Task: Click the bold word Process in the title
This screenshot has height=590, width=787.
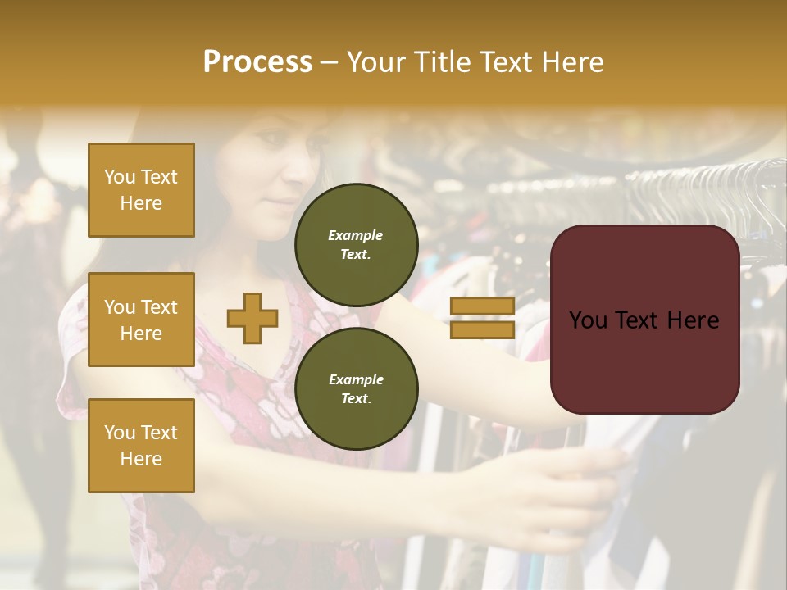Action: click(x=257, y=62)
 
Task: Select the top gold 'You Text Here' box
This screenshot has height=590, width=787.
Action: click(x=141, y=190)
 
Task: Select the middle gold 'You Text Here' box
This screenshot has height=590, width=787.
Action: click(x=141, y=320)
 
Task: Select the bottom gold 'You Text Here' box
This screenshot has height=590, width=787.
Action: click(x=141, y=446)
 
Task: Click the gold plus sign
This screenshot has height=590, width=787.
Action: click(x=252, y=319)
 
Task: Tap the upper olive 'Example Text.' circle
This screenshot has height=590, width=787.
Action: click(x=356, y=244)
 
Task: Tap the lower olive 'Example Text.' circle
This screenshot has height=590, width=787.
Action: click(x=356, y=388)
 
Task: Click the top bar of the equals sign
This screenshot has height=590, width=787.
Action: click(x=482, y=306)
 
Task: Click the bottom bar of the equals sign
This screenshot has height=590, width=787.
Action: click(x=482, y=329)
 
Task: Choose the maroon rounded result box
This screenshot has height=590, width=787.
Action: click(x=644, y=320)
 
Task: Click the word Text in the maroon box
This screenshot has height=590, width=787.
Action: click(x=644, y=320)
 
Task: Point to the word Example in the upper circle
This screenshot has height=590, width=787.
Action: click(x=356, y=235)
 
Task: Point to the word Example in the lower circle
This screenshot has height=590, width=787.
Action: click(x=356, y=379)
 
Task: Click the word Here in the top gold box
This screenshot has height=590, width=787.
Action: click(x=141, y=203)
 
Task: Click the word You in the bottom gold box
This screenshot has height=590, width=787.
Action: click(x=120, y=433)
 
